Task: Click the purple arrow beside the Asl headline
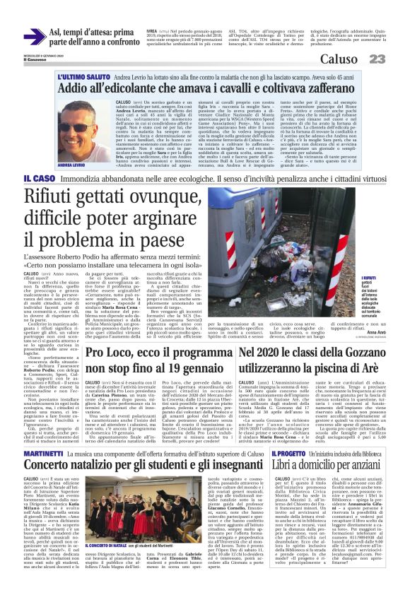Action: [x=34, y=36]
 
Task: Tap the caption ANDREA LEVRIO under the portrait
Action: [x=74, y=165]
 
